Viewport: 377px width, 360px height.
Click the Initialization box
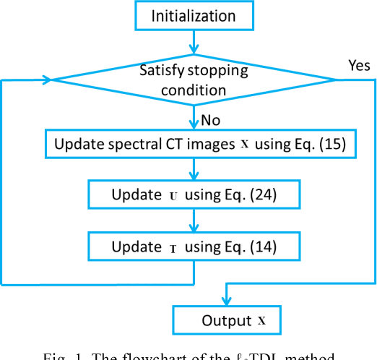coord(193,16)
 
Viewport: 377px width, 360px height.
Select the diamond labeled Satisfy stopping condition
coord(193,80)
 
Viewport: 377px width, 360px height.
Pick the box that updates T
coord(193,247)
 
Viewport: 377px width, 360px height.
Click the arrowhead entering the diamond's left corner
coord(48,80)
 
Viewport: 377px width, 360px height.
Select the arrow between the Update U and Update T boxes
coord(193,220)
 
